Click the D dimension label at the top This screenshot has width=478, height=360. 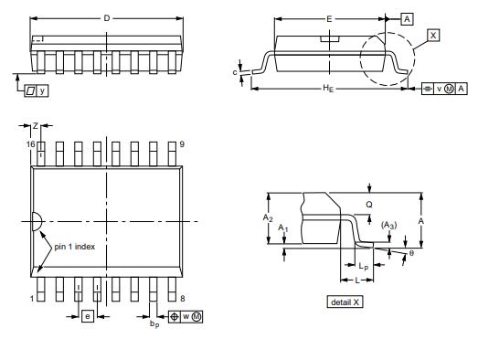(x=107, y=18)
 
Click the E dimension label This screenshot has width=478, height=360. (x=329, y=19)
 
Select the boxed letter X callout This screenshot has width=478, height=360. (x=433, y=36)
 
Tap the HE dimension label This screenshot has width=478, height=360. (x=328, y=89)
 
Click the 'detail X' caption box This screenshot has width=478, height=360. (x=345, y=302)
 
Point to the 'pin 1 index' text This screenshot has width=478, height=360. (x=75, y=247)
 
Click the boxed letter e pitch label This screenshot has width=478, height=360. (x=88, y=316)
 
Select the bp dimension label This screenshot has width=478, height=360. (x=154, y=324)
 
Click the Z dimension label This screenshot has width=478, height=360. (x=36, y=125)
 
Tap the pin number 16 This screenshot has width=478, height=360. (x=30, y=144)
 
